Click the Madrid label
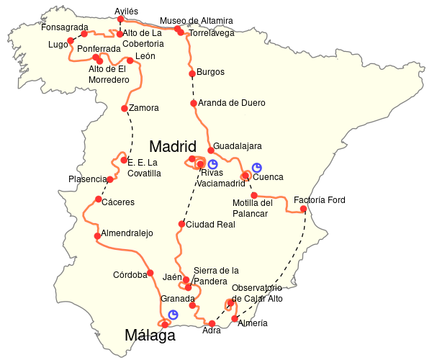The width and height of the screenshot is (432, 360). tap(172, 147)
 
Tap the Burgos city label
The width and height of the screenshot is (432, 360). tap(211, 72)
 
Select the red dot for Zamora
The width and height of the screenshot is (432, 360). tap(125, 109)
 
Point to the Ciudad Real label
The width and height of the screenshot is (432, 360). tap(210, 225)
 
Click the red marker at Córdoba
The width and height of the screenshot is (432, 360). tap(150, 273)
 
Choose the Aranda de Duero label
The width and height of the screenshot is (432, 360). tap(232, 103)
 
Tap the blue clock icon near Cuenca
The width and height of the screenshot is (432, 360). tap(257, 168)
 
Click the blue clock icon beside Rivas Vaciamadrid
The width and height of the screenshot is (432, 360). tap(212, 164)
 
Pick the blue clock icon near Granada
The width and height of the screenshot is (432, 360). tap(173, 314)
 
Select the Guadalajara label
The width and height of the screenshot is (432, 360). tap(238, 146)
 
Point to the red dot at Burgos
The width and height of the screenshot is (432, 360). tap(192, 73)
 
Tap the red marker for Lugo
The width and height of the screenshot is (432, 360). tap(70, 41)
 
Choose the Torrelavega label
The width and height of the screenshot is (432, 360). tap(212, 33)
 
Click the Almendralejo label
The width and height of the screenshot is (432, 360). tap(127, 234)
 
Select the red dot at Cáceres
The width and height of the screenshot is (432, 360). tap(98, 199)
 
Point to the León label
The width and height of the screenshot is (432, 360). tap(145, 56)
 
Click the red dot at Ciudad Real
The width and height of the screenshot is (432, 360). tap(181, 224)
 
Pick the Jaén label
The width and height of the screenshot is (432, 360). tap(173, 276)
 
